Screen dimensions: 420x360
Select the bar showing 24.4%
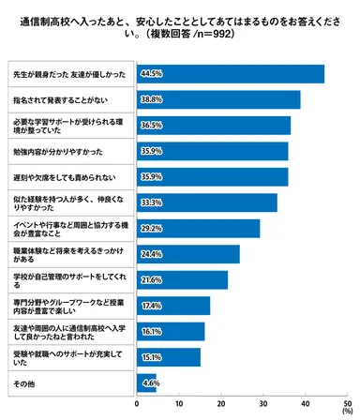(x=188, y=253)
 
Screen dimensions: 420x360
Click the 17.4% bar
(x=173, y=305)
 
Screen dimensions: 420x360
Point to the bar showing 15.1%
(x=169, y=356)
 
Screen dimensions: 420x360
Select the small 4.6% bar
(x=146, y=382)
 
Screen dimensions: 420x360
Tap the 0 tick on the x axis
(x=138, y=402)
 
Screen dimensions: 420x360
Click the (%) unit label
(x=347, y=411)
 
